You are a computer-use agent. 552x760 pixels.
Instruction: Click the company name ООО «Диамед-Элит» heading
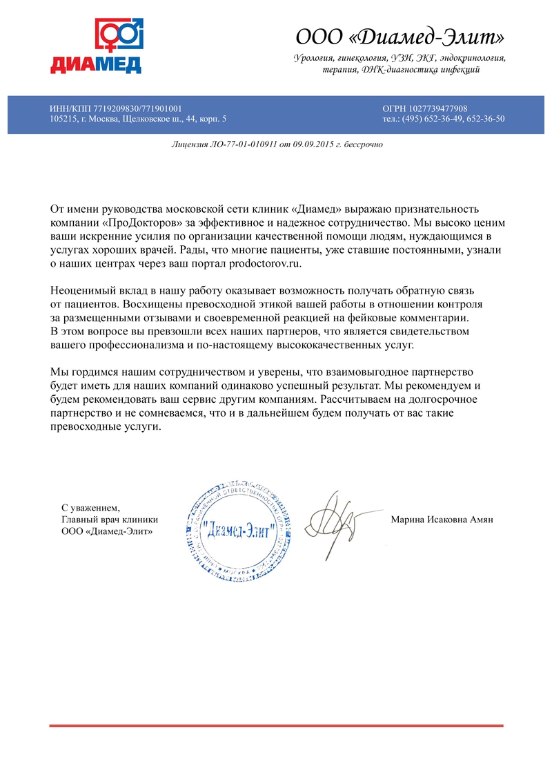pos(400,36)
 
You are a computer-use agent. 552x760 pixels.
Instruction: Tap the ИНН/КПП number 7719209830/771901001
pos(141,108)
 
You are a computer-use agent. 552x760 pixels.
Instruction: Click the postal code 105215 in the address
pos(63,119)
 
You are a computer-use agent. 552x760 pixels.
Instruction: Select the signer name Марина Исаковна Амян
pos(442,520)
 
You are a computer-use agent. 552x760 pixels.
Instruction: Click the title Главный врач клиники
pos(110,520)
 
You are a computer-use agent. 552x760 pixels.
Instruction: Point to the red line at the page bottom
pos(276,725)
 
